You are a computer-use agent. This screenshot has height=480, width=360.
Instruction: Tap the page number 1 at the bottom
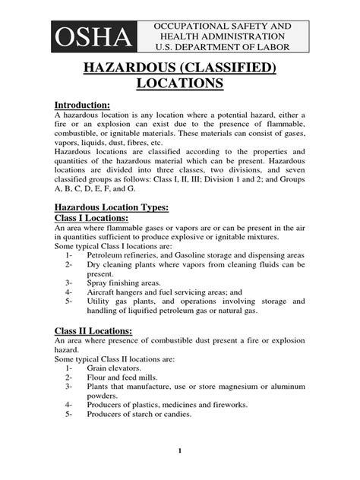click(x=180, y=451)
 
